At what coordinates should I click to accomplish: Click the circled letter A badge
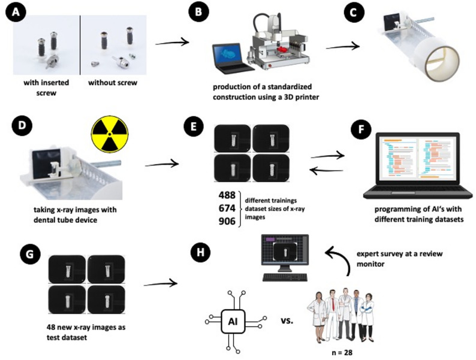click(16, 13)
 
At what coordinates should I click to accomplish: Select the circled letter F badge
click(361, 129)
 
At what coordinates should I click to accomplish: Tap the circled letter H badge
click(200, 252)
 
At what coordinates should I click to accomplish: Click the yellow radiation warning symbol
click(110, 134)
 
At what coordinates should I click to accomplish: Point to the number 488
click(227, 195)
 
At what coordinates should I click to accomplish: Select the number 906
click(227, 222)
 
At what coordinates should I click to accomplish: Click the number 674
click(227, 208)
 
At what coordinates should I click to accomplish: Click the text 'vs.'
click(287, 320)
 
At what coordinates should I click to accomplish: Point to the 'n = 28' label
click(342, 352)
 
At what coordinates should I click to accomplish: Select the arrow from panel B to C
click(343, 47)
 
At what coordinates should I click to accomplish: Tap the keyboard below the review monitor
click(285, 277)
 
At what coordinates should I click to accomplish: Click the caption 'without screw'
click(113, 83)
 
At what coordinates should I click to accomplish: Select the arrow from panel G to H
click(161, 284)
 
